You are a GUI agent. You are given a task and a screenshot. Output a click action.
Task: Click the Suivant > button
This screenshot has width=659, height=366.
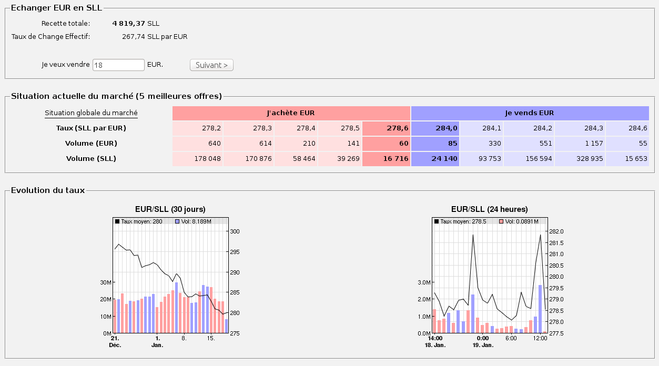211,65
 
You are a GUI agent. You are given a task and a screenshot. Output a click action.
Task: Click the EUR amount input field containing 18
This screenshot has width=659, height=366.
118,65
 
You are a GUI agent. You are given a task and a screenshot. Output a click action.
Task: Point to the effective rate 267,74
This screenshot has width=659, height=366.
134,37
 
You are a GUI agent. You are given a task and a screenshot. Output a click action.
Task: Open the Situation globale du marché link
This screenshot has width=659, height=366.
91,113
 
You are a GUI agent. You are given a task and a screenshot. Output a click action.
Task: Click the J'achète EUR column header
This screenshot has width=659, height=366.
291,113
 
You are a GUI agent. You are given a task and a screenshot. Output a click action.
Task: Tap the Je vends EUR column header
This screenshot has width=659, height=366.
530,113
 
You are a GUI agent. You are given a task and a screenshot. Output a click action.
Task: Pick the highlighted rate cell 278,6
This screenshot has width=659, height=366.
386,128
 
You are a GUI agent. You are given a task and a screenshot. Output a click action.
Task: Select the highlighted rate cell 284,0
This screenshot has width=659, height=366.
435,128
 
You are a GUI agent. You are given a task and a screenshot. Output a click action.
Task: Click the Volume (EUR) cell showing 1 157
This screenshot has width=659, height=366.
580,144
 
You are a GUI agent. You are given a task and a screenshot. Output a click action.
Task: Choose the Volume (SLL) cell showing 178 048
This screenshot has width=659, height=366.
197,159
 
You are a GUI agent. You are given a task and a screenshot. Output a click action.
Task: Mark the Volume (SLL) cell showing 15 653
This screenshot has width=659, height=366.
627,159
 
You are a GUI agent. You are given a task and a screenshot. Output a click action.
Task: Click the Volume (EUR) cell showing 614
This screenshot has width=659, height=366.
249,144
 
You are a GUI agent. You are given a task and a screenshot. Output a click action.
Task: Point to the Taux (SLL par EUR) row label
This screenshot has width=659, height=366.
91,128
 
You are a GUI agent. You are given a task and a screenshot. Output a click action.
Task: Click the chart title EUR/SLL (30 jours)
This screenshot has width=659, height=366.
170,209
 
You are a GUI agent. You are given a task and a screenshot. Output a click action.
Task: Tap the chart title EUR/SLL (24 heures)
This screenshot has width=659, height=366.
490,209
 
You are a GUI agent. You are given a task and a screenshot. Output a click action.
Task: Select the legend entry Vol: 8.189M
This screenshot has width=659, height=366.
194,221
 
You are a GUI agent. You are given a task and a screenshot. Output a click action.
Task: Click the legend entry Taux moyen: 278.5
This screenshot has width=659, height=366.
460,221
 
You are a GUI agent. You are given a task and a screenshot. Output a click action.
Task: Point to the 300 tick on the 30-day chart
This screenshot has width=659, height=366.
235,231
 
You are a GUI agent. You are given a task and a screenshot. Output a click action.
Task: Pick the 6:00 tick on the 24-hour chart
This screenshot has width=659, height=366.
511,338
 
